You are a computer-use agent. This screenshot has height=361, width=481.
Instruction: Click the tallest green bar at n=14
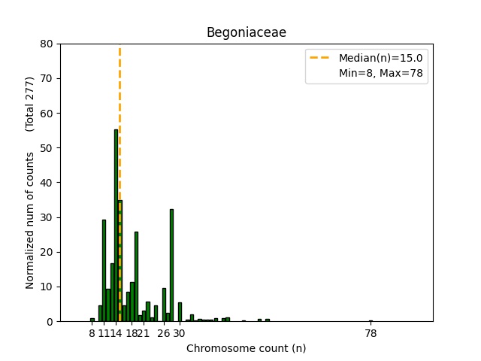(116, 226)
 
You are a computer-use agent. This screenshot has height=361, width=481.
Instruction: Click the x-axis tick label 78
(371, 333)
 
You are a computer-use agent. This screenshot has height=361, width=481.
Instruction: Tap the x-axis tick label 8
(92, 333)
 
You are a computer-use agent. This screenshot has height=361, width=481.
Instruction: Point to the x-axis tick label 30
(180, 333)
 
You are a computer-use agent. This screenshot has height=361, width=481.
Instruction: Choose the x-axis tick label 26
(163, 333)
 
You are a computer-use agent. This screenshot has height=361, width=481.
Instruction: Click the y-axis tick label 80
(47, 44)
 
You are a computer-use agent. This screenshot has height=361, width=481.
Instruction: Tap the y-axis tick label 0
(50, 321)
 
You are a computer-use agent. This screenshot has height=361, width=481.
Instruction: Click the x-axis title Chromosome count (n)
(246, 348)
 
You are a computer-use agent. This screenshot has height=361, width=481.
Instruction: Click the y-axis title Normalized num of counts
(30, 220)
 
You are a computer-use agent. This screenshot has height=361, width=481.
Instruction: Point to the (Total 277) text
(30, 104)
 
